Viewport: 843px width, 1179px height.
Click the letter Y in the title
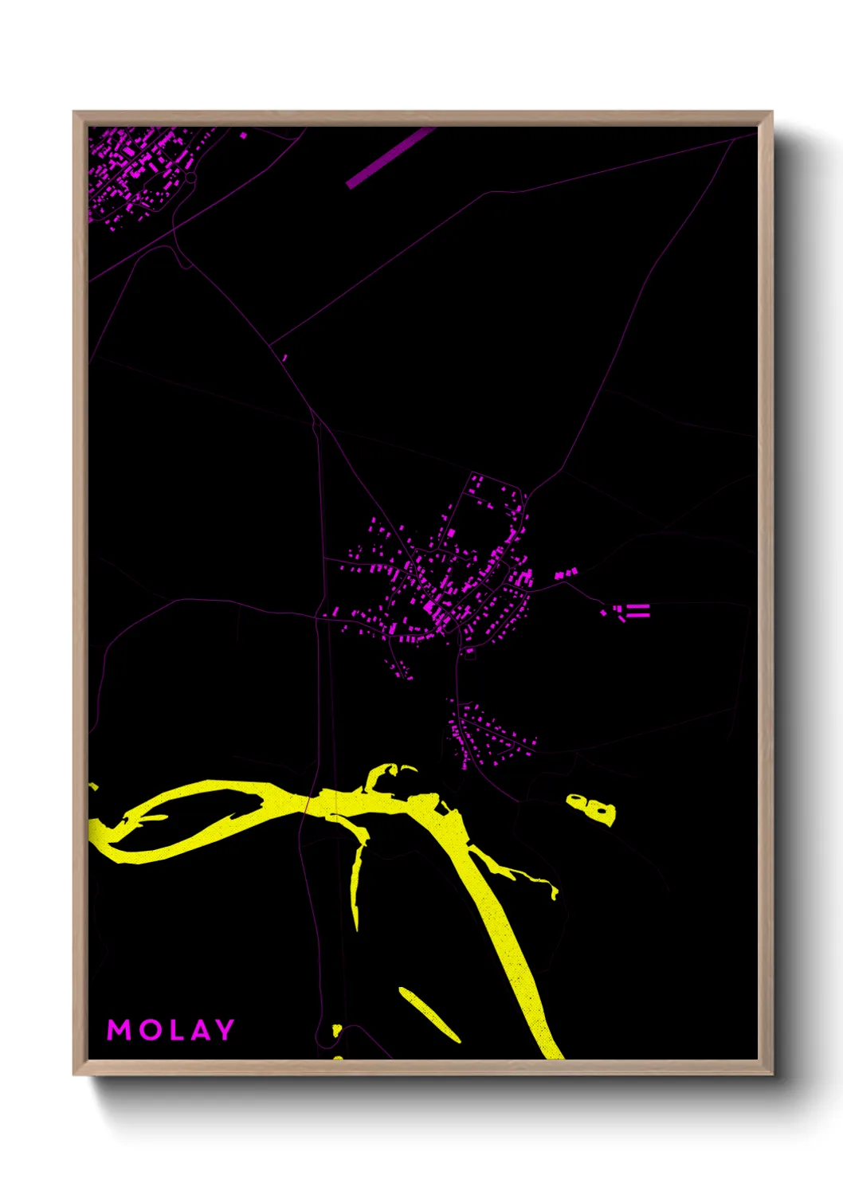[x=224, y=1030]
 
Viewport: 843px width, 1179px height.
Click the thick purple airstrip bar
[x=390, y=158]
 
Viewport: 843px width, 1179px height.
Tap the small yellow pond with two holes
[x=591, y=809]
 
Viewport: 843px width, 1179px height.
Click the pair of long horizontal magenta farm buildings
[x=637, y=610]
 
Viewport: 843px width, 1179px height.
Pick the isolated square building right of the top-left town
[x=244, y=135]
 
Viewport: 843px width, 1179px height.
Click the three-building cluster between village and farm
[x=564, y=574]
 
